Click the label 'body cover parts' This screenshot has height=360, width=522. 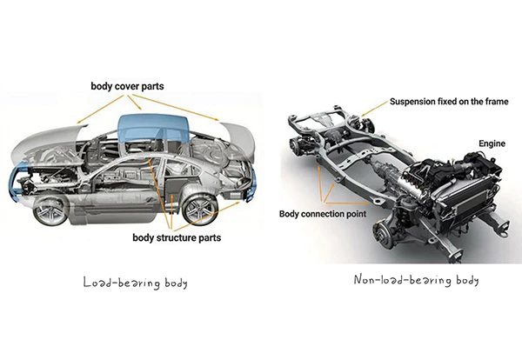click(138, 87)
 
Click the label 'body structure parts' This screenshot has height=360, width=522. click(177, 237)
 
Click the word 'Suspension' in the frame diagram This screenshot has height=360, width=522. click(414, 102)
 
